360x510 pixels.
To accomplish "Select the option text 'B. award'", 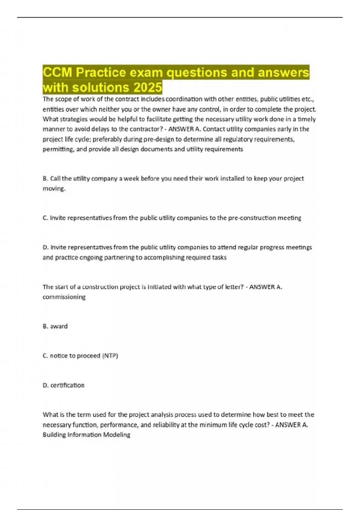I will coord(55,326).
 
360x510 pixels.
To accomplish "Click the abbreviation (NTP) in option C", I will coord(110,355).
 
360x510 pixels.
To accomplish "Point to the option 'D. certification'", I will coord(64,385).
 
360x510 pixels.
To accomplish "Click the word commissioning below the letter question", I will coord(64,297).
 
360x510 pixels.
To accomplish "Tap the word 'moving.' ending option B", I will coord(54,188).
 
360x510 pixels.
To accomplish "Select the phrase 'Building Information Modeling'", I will coord(86,434).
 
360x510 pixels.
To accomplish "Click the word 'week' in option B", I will coord(131,178).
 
